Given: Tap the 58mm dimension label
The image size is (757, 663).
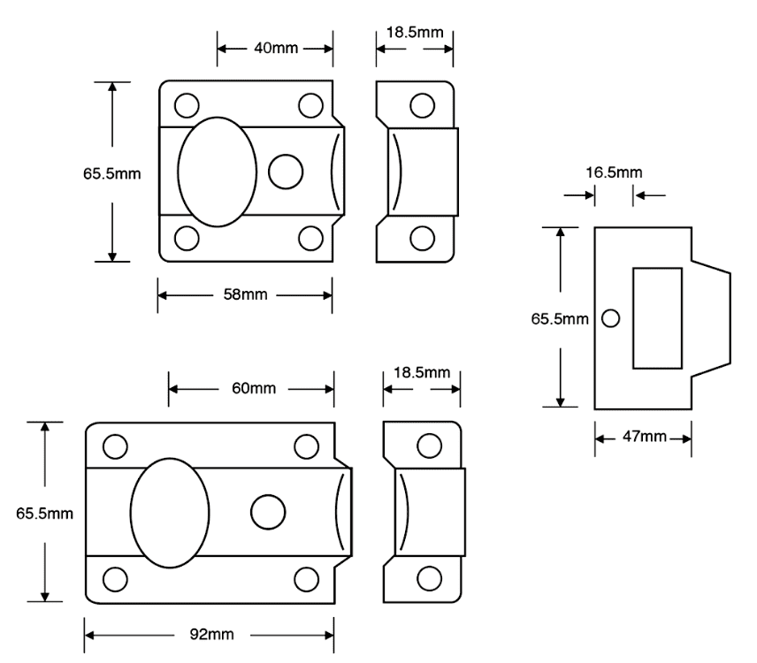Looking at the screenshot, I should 245,293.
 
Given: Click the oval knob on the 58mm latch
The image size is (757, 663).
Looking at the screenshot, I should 218,171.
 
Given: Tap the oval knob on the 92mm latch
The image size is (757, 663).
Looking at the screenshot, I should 170,512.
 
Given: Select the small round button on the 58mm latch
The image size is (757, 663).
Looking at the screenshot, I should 285,171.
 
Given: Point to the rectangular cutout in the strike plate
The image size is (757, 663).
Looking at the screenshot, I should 657,318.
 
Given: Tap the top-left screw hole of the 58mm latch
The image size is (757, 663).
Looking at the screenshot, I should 186,105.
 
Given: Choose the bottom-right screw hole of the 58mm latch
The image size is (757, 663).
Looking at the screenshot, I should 310,239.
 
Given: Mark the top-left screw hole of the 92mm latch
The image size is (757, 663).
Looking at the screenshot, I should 113,446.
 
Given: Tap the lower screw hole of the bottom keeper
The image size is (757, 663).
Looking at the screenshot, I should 430,578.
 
